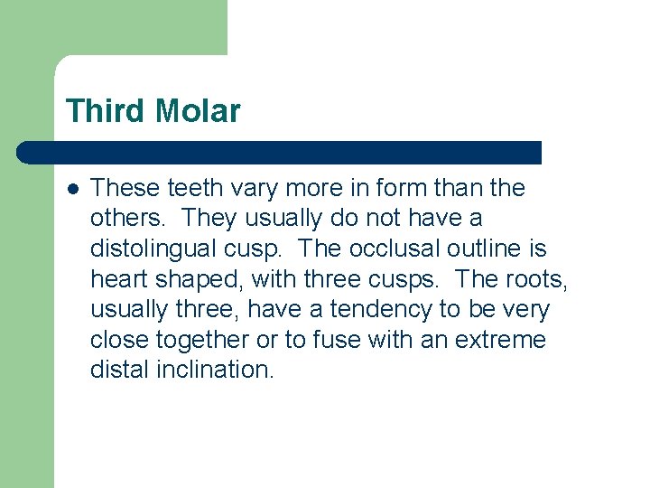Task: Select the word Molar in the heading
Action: pyautogui.click(x=197, y=112)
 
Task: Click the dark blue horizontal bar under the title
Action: pyautogui.click(x=280, y=153)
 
